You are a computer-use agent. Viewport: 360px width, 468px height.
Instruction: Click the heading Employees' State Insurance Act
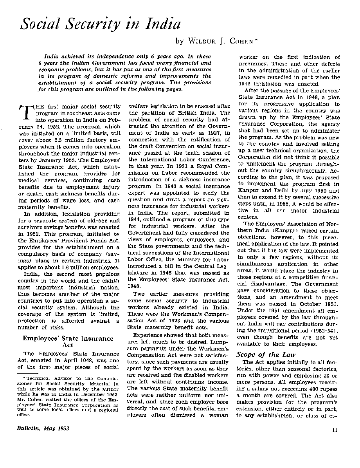pyautogui.click(x=68, y=342)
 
